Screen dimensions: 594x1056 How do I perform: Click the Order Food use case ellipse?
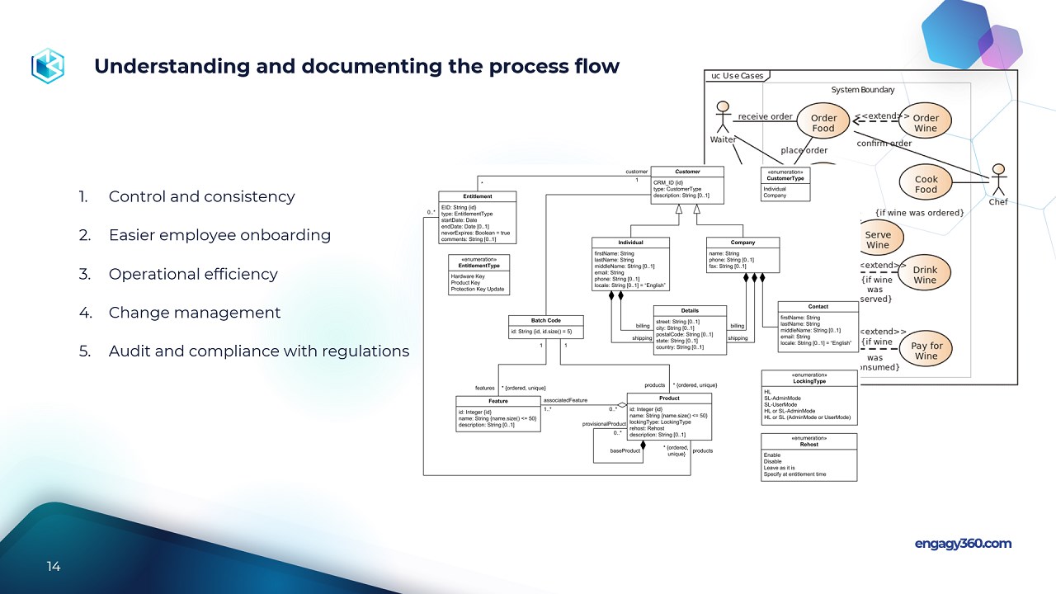point(823,123)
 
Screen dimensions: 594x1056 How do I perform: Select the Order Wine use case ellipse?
point(926,123)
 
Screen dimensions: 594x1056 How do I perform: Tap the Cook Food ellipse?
point(926,184)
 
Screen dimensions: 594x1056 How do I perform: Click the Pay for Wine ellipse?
point(926,351)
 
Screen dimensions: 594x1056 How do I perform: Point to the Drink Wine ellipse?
point(925,275)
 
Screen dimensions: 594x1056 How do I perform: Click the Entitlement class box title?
point(478,196)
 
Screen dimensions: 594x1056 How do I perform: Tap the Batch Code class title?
point(545,320)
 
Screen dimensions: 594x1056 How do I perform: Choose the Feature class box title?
point(497,401)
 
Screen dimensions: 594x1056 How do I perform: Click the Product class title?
point(669,398)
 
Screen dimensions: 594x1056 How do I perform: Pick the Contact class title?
point(818,307)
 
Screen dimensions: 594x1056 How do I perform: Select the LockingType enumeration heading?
point(808,381)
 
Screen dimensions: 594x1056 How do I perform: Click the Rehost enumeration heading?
point(808,445)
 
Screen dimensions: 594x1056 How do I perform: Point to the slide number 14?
point(54,567)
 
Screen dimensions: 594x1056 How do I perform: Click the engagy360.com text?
point(963,544)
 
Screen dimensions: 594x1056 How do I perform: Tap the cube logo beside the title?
point(48,66)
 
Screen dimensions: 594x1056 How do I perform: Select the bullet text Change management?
point(195,313)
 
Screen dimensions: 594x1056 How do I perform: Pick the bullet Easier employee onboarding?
point(219,235)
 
